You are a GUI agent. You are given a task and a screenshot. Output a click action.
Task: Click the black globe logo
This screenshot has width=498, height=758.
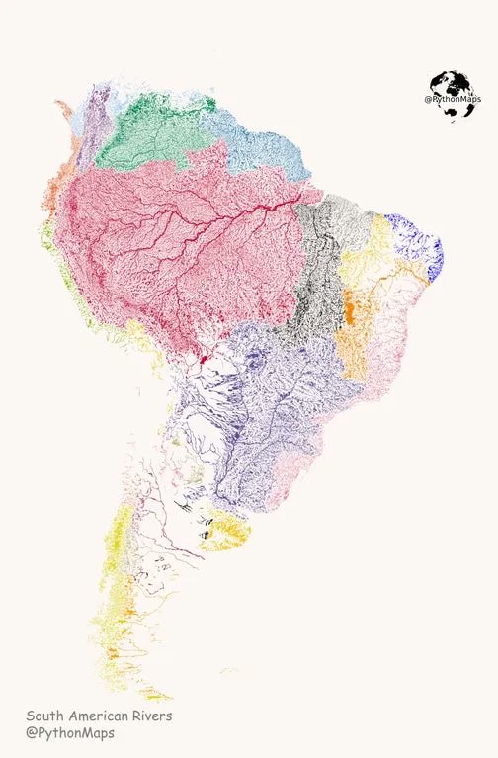pos(450,96)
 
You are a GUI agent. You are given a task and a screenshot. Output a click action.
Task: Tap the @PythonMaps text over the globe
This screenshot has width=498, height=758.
pos(451,99)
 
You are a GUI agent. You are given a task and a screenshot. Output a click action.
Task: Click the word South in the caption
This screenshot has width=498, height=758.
pos(45,716)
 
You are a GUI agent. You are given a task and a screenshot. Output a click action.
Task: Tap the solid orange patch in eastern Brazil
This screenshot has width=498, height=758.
pos(349,308)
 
